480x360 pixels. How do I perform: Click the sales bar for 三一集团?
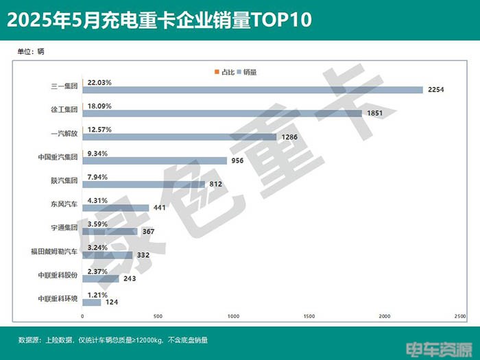[252, 89]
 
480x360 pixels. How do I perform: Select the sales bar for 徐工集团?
[222, 113]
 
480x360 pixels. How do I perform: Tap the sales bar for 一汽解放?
[180, 136]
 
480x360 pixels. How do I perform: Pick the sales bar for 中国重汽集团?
[155, 160]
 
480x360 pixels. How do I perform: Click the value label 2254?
[437, 89]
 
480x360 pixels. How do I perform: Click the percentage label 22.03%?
[99, 82]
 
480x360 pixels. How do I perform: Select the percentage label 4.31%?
[97, 200]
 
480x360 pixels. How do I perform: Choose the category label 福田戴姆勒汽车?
[58, 252]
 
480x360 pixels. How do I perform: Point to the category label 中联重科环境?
[59, 299]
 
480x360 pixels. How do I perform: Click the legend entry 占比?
[224, 71]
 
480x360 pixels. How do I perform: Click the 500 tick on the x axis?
[158, 316]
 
